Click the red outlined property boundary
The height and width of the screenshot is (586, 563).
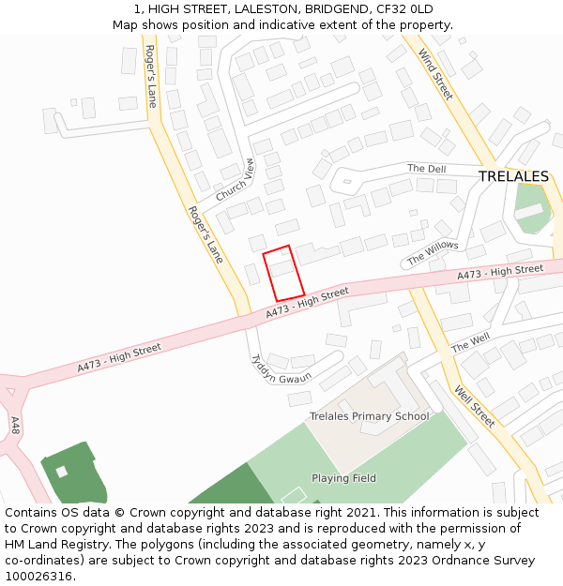283,273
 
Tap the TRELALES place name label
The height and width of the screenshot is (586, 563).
513,176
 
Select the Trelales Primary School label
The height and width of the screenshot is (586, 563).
370,416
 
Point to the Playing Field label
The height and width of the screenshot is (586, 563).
343,478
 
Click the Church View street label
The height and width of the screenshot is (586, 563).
236,180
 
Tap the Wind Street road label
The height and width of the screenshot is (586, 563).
436,74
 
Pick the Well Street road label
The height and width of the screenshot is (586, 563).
474,406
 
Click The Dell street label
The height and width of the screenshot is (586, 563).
426,169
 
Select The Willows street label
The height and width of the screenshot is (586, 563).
433,252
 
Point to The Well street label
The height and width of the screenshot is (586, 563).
470,343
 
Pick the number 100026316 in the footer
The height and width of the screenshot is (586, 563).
38,576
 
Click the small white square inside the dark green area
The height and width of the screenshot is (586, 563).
62,472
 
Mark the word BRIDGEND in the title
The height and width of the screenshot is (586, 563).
336,8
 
